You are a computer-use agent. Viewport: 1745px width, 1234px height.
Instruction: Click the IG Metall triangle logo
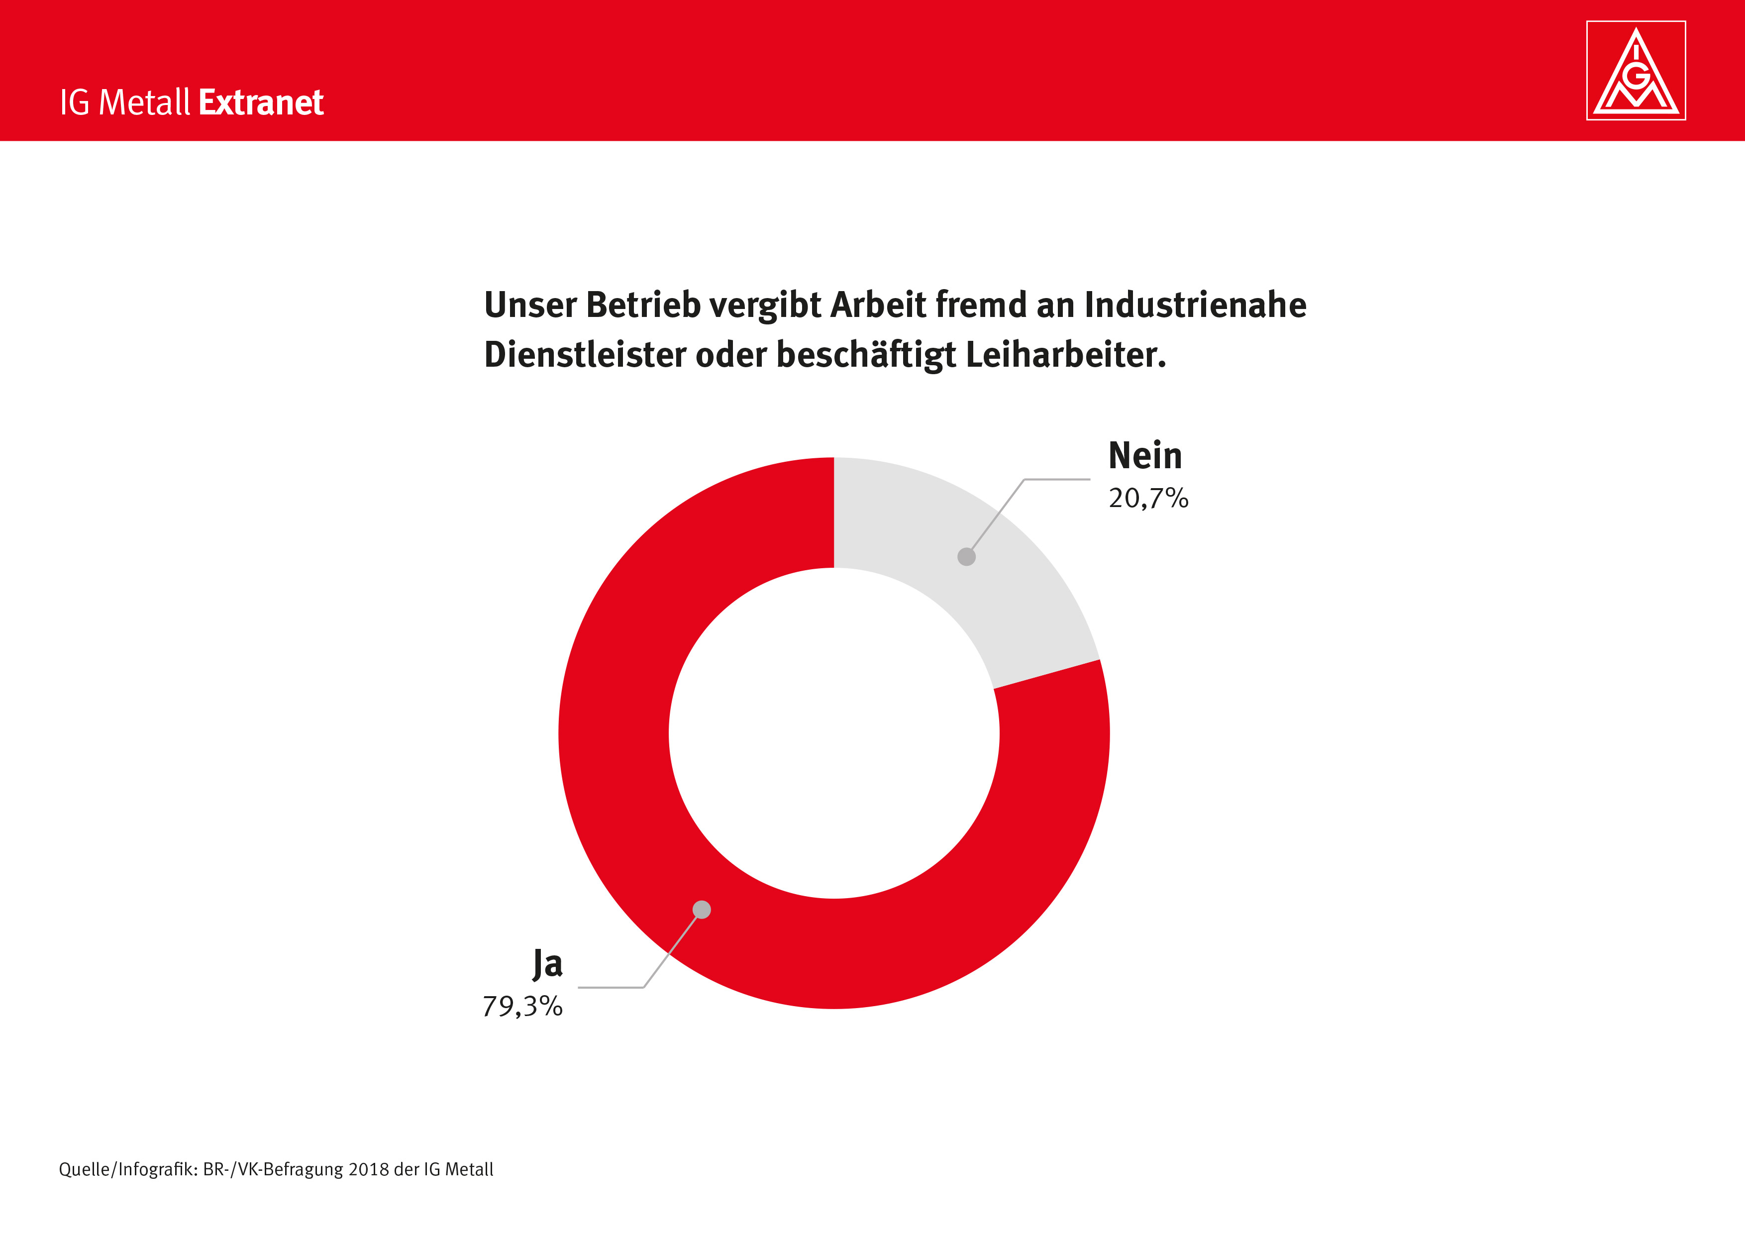[x=1636, y=71]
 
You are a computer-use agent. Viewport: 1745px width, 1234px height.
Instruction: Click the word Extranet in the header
[x=261, y=103]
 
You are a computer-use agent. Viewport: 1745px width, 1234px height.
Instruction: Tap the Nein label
[x=1144, y=456]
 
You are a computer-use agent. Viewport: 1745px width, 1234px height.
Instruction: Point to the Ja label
[x=547, y=963]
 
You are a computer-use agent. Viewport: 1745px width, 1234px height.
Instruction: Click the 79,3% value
[x=523, y=1006]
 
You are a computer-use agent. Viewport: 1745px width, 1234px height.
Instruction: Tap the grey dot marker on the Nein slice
[x=966, y=557]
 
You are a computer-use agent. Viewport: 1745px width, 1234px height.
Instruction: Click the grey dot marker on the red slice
[x=702, y=910]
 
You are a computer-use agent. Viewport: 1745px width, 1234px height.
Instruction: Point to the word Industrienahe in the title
[x=1196, y=305]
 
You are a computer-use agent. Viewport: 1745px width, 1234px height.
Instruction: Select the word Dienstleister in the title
[x=585, y=355]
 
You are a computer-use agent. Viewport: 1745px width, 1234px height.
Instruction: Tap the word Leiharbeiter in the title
[x=1065, y=355]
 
